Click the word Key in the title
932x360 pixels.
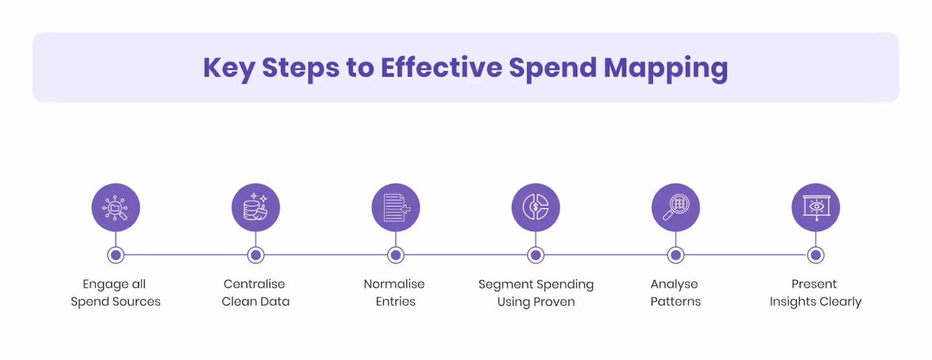[x=229, y=68]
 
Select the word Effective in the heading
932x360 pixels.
[x=441, y=68]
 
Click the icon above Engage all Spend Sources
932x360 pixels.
[x=116, y=207]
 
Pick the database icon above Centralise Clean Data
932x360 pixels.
[x=256, y=207]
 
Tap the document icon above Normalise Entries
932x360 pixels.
[x=396, y=207]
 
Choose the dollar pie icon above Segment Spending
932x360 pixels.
[x=536, y=207]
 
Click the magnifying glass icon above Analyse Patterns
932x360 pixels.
[x=676, y=207]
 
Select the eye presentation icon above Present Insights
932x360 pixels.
[x=815, y=207]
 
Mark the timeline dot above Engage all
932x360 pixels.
[x=116, y=255]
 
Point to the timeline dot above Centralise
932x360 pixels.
[x=256, y=255]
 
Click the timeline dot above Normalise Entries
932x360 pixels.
[x=396, y=255]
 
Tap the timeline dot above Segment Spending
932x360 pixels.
[x=536, y=255]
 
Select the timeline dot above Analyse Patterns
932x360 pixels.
[x=676, y=255]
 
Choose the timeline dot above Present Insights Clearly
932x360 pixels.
[x=816, y=255]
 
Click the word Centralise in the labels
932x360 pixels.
[x=254, y=284]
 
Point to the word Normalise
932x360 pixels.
[x=394, y=284]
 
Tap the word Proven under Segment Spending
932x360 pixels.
[x=554, y=302]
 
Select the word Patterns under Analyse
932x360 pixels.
[x=676, y=302]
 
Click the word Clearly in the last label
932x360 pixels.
[x=840, y=302]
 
